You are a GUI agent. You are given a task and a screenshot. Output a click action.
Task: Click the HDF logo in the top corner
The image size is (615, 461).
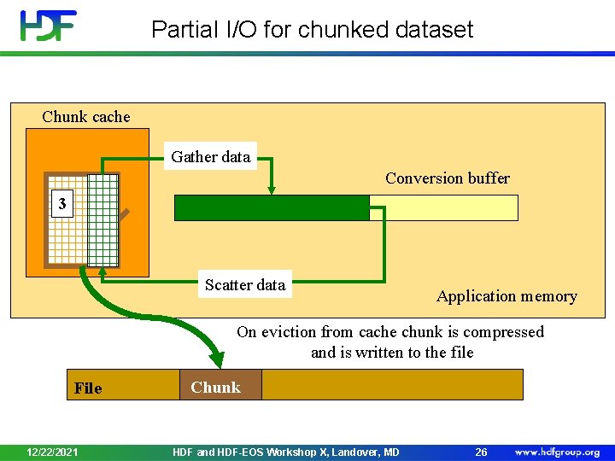coord(49,26)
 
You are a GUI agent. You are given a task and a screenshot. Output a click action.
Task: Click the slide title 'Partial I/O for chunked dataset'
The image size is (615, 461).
coord(312,30)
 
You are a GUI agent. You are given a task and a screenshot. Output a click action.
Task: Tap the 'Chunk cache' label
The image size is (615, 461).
coord(86,117)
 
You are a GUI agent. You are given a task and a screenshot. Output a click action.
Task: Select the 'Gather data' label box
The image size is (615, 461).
coord(211,156)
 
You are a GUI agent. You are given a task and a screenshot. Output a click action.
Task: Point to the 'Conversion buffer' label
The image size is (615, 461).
coord(447,178)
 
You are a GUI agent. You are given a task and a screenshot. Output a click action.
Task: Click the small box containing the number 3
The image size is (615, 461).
coord(61,204)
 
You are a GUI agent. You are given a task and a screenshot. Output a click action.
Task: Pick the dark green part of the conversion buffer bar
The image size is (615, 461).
coord(272,208)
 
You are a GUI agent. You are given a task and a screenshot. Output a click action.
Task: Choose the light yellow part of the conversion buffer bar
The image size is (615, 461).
coord(443,208)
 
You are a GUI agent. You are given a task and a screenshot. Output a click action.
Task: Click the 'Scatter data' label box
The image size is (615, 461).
coord(245,285)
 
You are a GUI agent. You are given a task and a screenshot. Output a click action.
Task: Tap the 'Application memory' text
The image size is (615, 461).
coord(507,296)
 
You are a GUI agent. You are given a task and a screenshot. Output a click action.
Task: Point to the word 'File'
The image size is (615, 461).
coord(88,388)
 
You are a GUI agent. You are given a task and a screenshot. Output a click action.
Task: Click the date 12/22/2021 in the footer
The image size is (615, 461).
coord(53,452)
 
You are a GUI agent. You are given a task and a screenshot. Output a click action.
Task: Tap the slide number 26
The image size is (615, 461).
coord(481,452)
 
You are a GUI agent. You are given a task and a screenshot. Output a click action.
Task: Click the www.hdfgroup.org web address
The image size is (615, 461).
coord(557,452)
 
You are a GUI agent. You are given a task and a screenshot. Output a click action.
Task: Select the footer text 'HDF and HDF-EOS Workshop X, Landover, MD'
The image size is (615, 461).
coord(285,452)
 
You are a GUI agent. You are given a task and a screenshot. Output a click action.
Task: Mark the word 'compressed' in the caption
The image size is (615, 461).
coord(502,332)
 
